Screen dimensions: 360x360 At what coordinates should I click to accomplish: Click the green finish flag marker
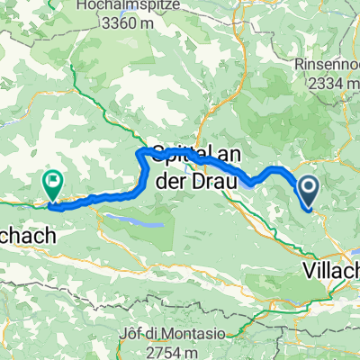pyautogui.click(x=51, y=184)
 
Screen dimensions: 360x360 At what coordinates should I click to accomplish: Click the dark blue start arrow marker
pyautogui.click(x=309, y=191)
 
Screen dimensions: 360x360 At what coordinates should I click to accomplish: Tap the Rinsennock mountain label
pyautogui.click(x=328, y=66)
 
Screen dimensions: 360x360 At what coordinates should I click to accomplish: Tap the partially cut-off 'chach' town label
pyautogui.click(x=27, y=236)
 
